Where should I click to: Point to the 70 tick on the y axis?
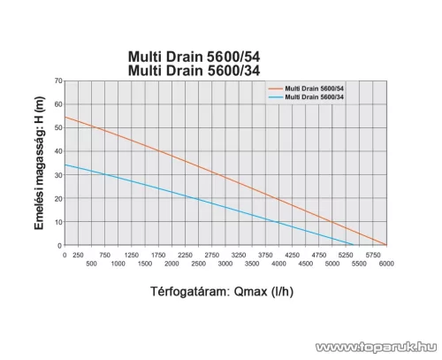coord(57,81)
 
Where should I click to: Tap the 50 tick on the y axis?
coord(57,128)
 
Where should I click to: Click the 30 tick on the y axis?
coord(57,175)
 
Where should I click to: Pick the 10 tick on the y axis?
coord(57,222)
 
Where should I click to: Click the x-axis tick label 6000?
coord(386,264)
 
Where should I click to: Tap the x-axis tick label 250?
coord(79,255)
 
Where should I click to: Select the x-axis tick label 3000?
coord(225,264)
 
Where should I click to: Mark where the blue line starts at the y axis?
coord(65,165)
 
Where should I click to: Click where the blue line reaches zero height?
coord(354,245)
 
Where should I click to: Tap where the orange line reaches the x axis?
coord(386,245)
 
